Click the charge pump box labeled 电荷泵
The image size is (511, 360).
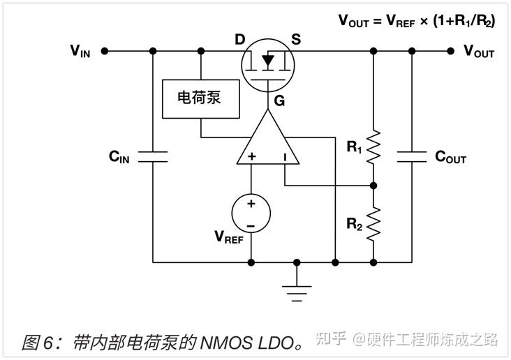[x=201, y=98]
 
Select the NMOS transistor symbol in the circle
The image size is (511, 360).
[x=268, y=62]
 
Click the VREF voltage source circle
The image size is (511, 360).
[x=251, y=212]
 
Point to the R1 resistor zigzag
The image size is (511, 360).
[x=373, y=147]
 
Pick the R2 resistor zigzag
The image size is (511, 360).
[x=373, y=224]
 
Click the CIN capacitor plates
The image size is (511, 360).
[x=153, y=157]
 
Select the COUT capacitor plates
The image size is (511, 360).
[x=411, y=157]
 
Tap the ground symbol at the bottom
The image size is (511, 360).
[x=297, y=288]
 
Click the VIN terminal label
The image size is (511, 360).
[x=80, y=51]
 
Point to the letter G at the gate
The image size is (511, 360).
[x=279, y=101]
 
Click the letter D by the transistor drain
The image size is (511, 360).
[x=239, y=39]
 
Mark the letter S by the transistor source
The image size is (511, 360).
[x=296, y=39]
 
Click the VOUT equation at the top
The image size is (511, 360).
[x=417, y=20]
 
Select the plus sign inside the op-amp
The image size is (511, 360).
[x=251, y=157]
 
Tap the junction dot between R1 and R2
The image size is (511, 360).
[x=373, y=186]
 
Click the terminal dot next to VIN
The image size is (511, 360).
[x=104, y=51]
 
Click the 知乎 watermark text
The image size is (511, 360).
[x=331, y=340]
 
